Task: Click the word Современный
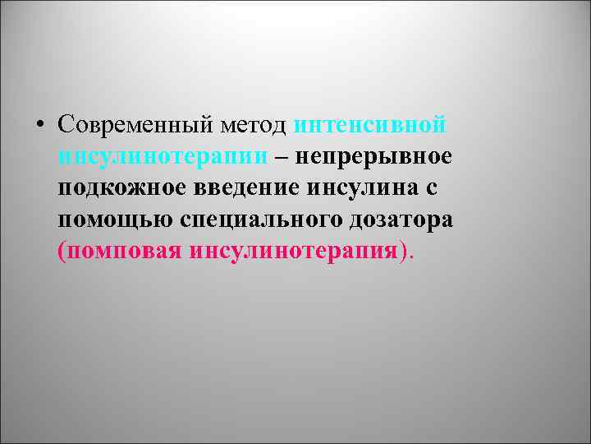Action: point(134,124)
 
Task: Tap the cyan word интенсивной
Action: point(370,124)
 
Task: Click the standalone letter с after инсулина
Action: point(432,187)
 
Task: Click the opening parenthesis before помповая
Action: point(62,252)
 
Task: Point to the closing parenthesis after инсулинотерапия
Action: point(402,252)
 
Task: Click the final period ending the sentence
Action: point(412,256)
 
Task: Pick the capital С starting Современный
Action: point(66,124)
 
